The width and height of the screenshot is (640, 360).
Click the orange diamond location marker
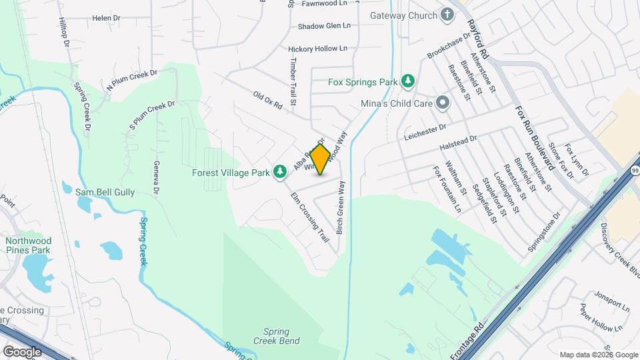pyautogui.click(x=320, y=159)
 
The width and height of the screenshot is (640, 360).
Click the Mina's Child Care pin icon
pyautogui.click(x=443, y=103)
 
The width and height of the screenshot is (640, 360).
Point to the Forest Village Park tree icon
pyautogui.click(x=281, y=172)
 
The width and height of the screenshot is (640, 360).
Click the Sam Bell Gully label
pyautogui.click(x=105, y=192)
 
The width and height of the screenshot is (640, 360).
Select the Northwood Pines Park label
pyautogui.click(x=27, y=245)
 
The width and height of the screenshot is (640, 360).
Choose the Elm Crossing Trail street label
pyautogui.click(x=310, y=217)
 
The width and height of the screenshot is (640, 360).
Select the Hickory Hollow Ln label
pyautogui.click(x=318, y=49)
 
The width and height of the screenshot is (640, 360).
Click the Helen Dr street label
pyautogui.click(x=107, y=18)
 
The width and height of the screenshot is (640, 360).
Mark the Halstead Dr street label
pyautogui.click(x=459, y=142)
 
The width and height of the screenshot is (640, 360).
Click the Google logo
pyautogui.click(x=22, y=351)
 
